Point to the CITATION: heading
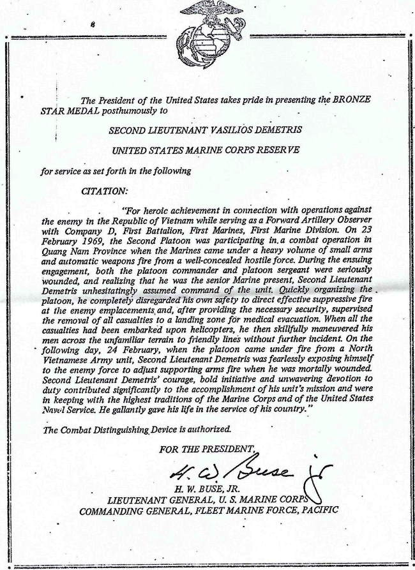click(105, 190)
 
